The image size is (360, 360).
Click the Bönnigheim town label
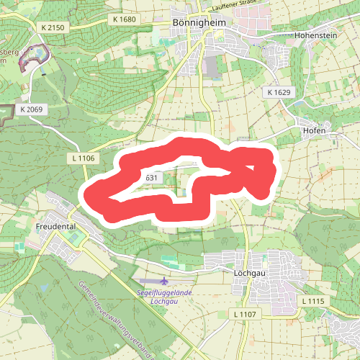197,23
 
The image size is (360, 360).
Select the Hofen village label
315,131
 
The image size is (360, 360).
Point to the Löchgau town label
251,274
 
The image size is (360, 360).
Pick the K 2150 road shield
53,27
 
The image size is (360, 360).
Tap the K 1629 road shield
278,92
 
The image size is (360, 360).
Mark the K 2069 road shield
32,109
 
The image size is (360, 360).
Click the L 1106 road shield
84,157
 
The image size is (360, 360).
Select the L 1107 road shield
245,314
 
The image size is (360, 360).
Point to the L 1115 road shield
314,300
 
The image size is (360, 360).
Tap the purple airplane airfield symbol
165,281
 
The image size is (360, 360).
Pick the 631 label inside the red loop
151,178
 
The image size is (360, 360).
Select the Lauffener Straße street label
235,5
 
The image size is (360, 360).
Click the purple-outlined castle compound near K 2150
37,56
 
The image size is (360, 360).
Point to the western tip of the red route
89,194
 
